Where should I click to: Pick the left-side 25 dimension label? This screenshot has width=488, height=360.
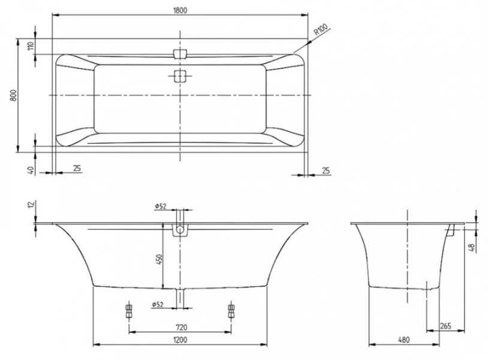click(x=77, y=169)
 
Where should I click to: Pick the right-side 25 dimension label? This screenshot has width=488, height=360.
click(x=326, y=170)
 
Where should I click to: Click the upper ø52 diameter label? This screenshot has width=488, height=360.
click(x=159, y=206)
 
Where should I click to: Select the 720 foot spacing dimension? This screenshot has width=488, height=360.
click(x=182, y=327)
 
